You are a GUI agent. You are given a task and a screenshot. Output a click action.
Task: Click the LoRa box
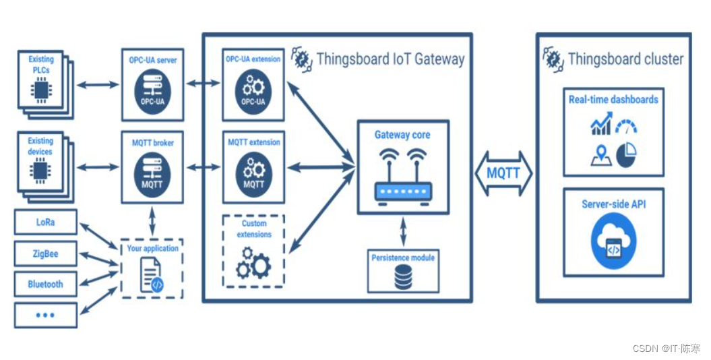pos(46,222)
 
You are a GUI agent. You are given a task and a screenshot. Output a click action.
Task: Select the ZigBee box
pos(46,253)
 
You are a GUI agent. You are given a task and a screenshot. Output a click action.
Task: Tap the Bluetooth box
pos(46,284)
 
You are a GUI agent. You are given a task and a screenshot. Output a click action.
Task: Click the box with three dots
pos(46,315)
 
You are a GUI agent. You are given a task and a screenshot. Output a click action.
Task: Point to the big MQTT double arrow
pos(504,173)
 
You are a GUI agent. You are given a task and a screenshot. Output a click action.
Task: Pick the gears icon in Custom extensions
pos(253,263)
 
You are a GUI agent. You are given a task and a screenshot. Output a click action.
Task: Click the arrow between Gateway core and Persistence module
pos(403,232)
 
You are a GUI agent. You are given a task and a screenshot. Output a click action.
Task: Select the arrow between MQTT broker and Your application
pos(152,221)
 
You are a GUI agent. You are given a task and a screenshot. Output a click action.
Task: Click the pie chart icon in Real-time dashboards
pos(627,155)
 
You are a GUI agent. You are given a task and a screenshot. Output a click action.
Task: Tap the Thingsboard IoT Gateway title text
pos(390,59)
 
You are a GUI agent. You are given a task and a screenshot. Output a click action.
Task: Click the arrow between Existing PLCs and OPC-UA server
pos(98,85)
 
